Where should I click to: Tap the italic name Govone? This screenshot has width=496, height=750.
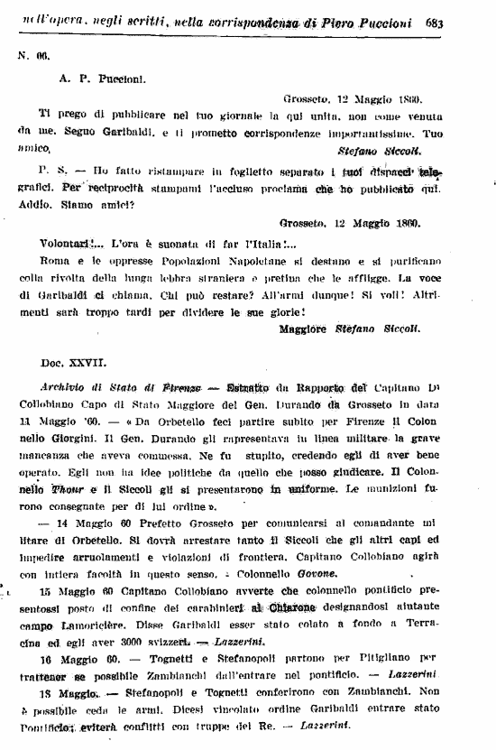(x=316, y=573)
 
